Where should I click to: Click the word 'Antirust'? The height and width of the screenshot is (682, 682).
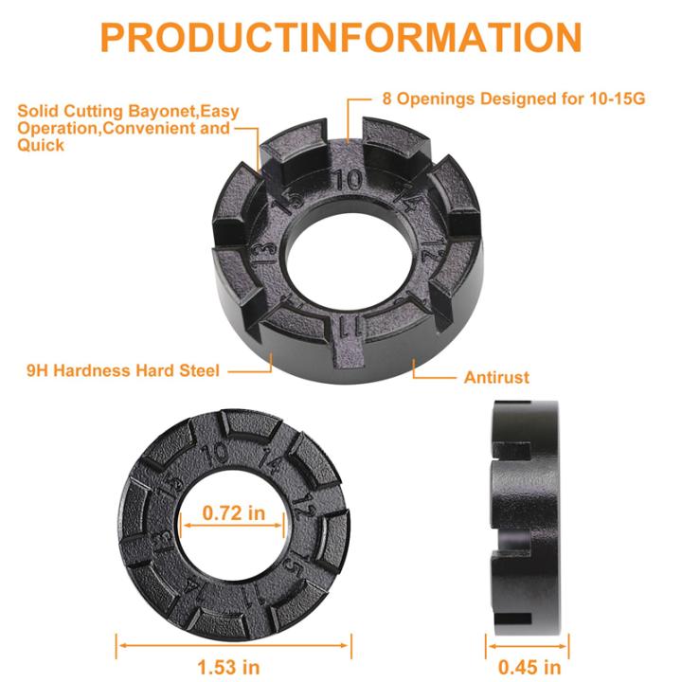[x=496, y=377]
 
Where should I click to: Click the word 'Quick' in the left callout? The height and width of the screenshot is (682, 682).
[x=41, y=145]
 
